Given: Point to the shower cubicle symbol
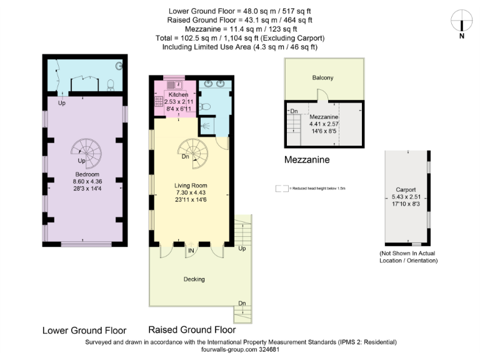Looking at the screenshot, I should [x=207, y=127].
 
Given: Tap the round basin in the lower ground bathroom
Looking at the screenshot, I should [x=119, y=66].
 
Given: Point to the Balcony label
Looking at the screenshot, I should [x=322, y=78].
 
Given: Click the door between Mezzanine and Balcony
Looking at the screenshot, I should [x=323, y=95].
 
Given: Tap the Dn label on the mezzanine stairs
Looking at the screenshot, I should [x=293, y=112].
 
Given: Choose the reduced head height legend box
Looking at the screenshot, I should [x=282, y=187].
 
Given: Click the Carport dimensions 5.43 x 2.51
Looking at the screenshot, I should [x=406, y=196].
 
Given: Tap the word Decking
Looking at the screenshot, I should [x=195, y=279].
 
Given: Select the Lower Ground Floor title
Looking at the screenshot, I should [x=84, y=330].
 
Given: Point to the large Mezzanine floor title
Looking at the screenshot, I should [x=307, y=160].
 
